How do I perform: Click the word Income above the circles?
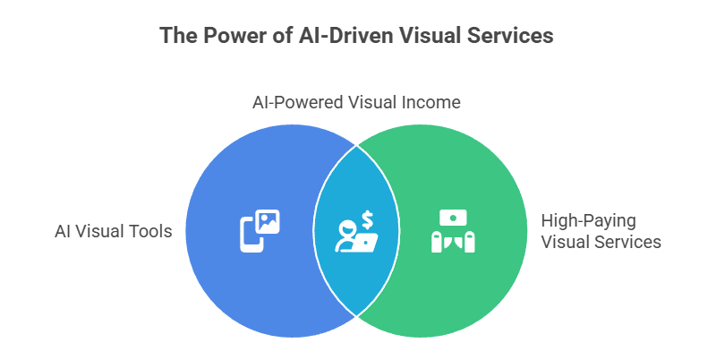point(432,102)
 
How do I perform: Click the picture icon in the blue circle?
point(268,221)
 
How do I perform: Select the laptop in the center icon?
point(366,240)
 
